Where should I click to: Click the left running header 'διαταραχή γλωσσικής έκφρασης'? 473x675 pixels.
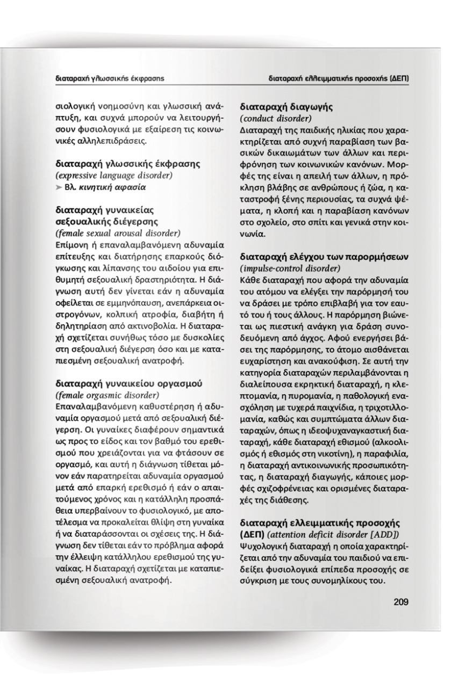click(112, 79)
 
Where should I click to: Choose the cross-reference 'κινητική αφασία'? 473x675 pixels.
click(104, 187)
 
